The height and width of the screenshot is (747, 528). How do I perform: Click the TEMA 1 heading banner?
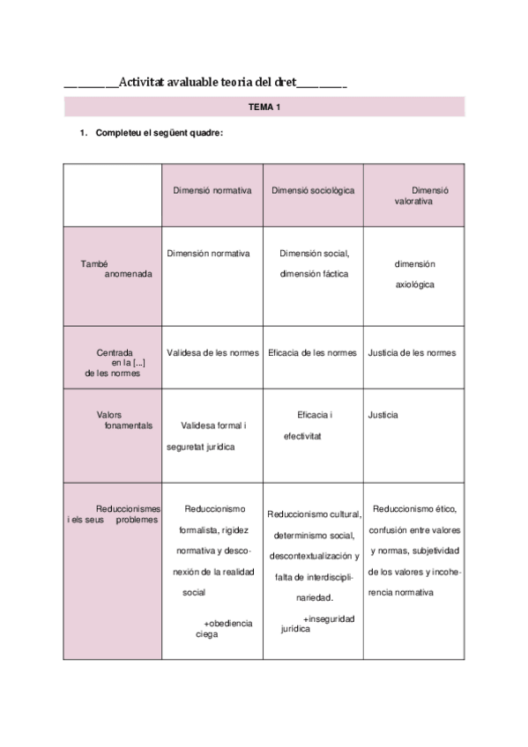point(264,107)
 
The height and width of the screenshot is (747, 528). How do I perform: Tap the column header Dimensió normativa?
point(212,189)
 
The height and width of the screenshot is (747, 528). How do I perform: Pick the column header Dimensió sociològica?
point(313,189)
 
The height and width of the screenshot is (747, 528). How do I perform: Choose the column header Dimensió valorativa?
point(414,195)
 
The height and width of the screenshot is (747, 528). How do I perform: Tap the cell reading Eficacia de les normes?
point(313,352)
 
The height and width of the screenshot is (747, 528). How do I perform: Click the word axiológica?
point(414,285)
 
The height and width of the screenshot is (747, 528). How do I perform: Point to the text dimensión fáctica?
point(314,273)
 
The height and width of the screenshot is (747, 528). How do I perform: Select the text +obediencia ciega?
point(224,628)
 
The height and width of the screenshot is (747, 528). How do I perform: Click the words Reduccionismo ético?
point(414,508)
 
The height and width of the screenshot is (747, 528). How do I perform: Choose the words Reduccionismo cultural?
point(312,514)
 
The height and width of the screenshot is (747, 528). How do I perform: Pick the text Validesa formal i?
point(212,425)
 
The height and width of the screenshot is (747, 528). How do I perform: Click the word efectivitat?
point(302,435)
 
